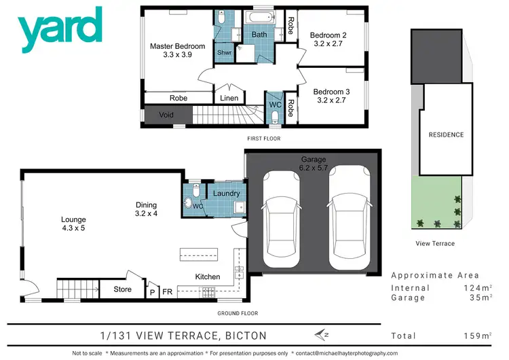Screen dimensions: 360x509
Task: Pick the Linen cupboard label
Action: click(229, 99)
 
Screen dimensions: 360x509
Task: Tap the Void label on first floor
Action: click(166, 115)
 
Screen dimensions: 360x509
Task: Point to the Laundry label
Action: click(225, 194)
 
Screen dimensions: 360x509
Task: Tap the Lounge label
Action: click(73, 223)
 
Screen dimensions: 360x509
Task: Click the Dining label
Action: click(147, 209)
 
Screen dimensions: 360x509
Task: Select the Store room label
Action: click(122, 290)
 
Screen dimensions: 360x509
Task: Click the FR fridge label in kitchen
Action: click(167, 291)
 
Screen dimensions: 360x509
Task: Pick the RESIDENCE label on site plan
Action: click(446, 134)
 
